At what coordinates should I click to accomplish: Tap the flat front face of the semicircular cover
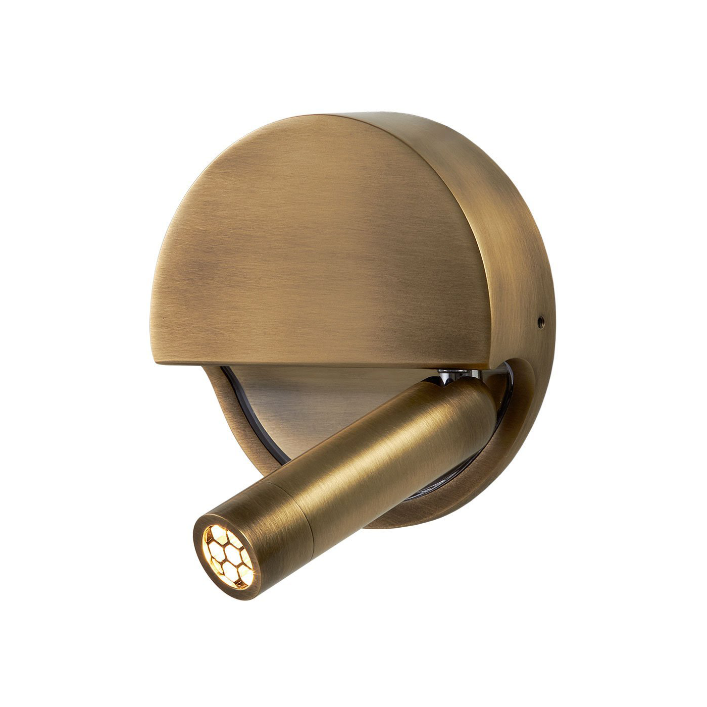[313, 252]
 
